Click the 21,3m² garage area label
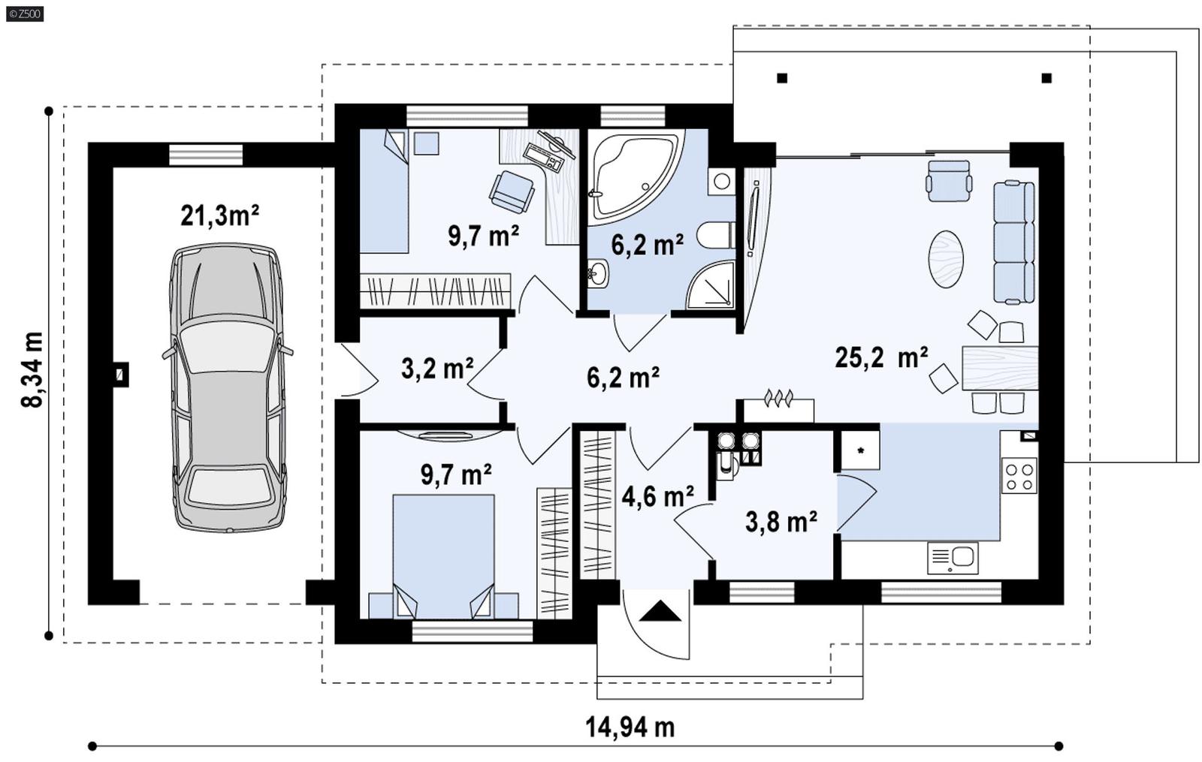tap(219, 215)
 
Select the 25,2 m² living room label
tap(880, 358)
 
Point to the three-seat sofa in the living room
tap(1014, 242)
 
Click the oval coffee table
tap(946, 259)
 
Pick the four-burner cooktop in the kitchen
tap(1019, 476)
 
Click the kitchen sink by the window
tap(953, 558)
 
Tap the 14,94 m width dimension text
tap(630, 727)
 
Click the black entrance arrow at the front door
tap(660, 612)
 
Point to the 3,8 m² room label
tap(781, 521)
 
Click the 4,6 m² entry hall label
tap(657, 496)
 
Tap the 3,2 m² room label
tap(436, 369)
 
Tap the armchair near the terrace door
tap(949, 181)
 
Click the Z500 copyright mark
tap(24, 14)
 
